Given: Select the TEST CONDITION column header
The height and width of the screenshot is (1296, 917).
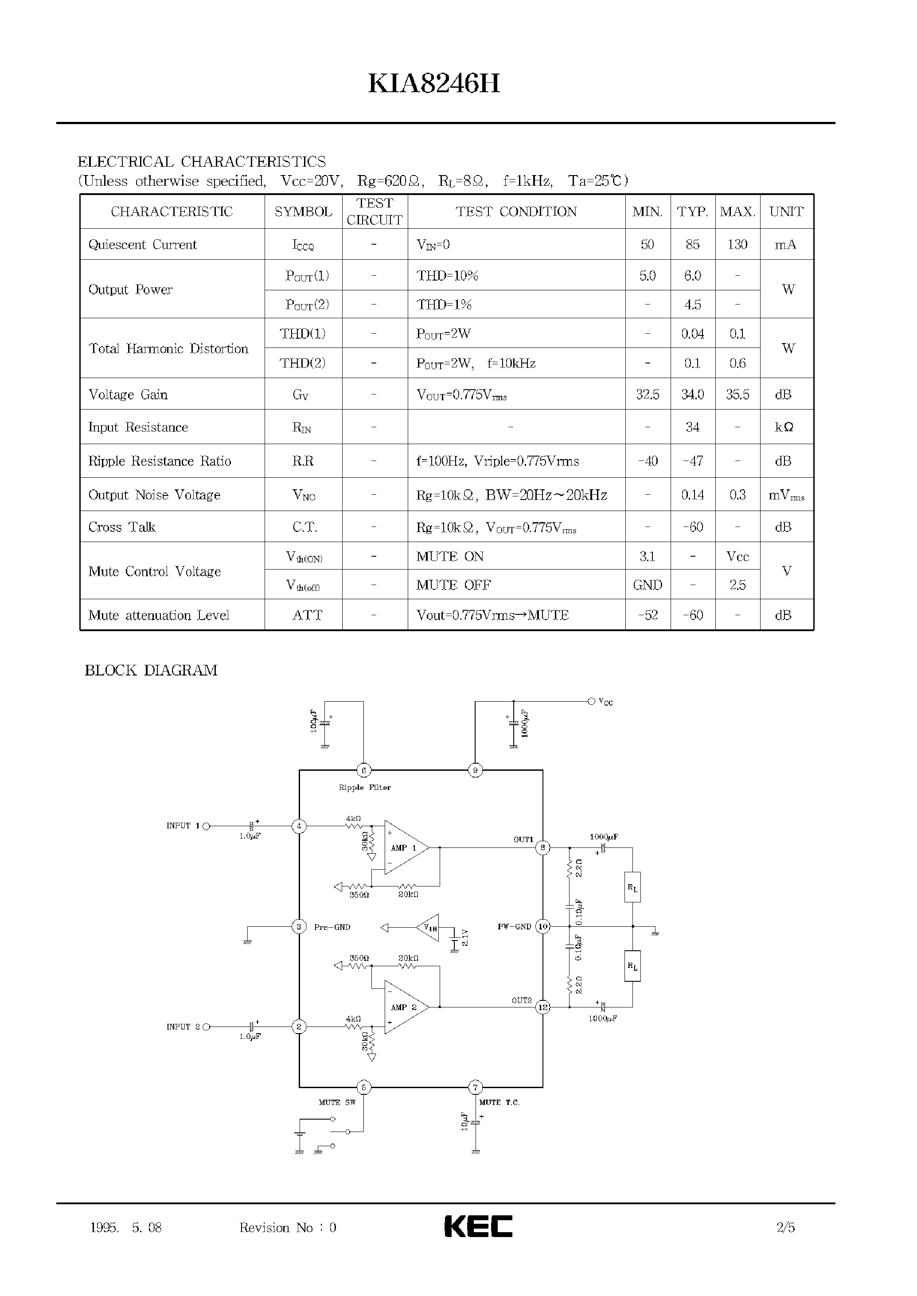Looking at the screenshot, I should [x=516, y=212].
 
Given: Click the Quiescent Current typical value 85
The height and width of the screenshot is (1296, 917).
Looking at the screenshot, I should [x=692, y=245].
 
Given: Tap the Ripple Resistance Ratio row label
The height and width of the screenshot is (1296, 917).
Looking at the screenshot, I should [x=160, y=461].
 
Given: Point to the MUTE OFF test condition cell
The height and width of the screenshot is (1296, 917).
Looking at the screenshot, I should [x=453, y=585].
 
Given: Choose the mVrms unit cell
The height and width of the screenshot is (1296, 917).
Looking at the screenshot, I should [x=786, y=495].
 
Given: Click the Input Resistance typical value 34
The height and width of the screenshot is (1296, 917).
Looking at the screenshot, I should [x=692, y=427].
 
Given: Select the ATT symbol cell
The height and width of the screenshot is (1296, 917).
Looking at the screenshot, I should [x=307, y=615].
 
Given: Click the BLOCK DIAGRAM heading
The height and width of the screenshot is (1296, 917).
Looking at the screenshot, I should [x=151, y=670].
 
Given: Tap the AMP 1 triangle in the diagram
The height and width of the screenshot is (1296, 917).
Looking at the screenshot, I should [x=405, y=847].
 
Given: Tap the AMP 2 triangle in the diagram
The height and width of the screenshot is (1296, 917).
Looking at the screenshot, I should [x=405, y=1007].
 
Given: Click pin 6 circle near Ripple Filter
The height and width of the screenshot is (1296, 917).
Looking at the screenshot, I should [x=363, y=770].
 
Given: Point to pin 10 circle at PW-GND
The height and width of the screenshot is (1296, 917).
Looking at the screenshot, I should [x=542, y=927].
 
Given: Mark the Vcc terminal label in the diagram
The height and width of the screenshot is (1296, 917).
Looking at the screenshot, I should [x=605, y=702].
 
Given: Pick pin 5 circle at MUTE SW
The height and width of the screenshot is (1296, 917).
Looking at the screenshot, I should [x=363, y=1088].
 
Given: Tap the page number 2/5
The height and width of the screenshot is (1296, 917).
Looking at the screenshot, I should [x=785, y=1227].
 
